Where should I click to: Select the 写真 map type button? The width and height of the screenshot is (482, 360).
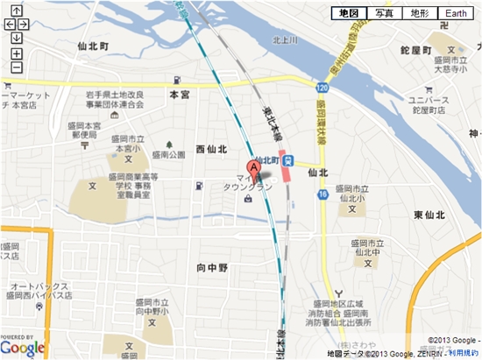tap(384, 14)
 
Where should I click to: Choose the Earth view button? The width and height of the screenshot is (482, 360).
tap(456, 14)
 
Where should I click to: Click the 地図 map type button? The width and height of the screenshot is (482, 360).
tap(348, 14)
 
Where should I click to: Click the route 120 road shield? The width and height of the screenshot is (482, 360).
tap(323, 88)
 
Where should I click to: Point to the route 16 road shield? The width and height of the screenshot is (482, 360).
tap(323, 193)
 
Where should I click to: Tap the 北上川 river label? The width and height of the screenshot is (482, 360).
tap(286, 39)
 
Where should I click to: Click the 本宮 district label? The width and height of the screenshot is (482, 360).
tap(180, 93)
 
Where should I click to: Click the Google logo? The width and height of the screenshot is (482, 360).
tap(23, 349)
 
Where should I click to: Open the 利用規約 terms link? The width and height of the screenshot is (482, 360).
tap(464, 353)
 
